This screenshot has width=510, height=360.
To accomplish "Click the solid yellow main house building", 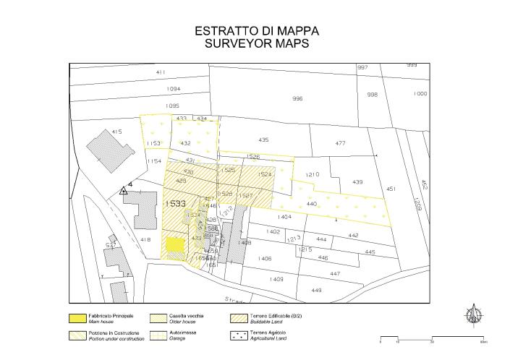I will coord(175,244).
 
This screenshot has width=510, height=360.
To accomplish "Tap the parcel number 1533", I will coord(175,205).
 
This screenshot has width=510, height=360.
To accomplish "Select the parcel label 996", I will coord(297,98).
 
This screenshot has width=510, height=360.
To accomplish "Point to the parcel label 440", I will coord(313,205).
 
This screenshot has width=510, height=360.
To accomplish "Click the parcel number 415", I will coord(116,132).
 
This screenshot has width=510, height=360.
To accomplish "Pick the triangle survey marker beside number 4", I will coord(123,192).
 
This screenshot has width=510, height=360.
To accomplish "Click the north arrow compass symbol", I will coord(475,314).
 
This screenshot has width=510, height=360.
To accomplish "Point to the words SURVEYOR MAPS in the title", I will coord(257,43).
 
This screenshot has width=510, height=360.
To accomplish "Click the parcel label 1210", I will coord(312,175).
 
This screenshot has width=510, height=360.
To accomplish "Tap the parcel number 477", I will coord(341,143).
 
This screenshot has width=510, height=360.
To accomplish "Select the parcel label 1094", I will coord(173,89).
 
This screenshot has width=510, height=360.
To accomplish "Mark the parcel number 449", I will coord(316,290).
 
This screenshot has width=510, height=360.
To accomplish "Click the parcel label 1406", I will coord(265,258).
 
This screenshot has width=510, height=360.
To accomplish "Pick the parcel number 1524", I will coord(265,174).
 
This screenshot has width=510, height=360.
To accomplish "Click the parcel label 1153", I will coord(153,143).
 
